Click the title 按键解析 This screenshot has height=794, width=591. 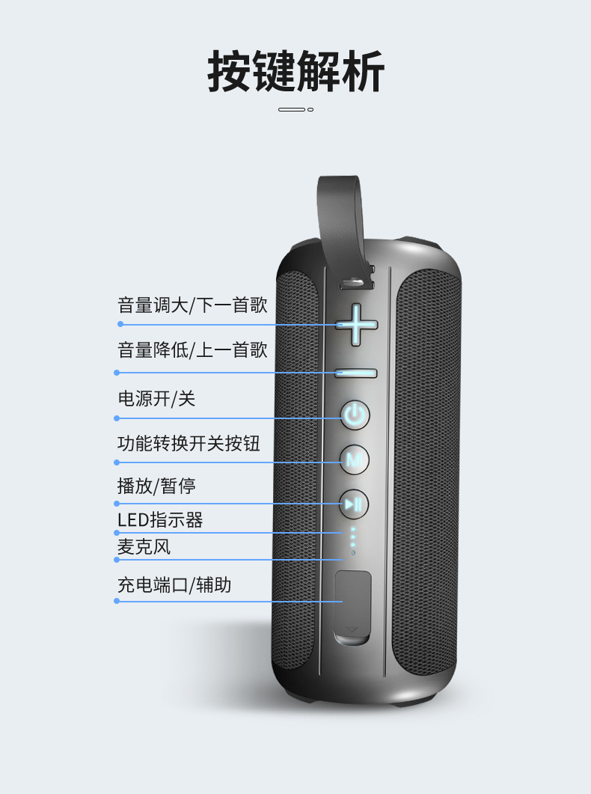[295, 72]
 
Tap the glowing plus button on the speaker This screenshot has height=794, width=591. [356, 324]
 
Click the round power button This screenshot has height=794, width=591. [355, 415]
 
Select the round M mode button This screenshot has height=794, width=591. [355, 459]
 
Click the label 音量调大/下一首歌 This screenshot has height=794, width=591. [192, 305]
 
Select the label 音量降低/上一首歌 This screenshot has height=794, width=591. [192, 350]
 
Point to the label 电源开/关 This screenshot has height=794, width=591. [156, 399]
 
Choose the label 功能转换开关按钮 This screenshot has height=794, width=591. [189, 444]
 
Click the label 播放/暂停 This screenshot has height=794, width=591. [156, 486]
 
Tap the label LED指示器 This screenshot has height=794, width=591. [160, 519]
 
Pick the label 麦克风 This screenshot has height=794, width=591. [144, 547]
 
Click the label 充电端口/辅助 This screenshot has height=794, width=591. [174, 585]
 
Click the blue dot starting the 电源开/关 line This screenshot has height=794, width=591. [117, 418]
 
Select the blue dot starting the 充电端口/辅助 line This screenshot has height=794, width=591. [117, 601]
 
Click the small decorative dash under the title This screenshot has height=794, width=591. [295, 110]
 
